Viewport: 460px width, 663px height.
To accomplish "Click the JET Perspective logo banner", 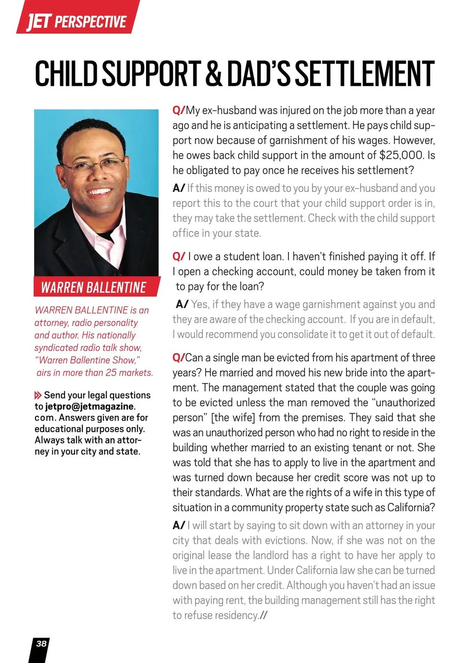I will tap(77, 19).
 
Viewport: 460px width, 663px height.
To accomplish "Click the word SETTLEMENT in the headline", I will tap(364, 74).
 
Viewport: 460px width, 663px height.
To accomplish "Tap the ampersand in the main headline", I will tap(214, 74).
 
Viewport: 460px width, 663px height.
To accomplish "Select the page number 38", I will tap(41, 643).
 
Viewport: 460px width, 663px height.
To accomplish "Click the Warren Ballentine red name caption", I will tap(94, 287).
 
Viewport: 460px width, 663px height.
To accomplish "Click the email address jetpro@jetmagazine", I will tap(90, 406).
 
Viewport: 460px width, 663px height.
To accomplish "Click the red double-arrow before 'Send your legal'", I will tap(38, 395).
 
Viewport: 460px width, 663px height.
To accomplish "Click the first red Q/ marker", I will tap(178, 110).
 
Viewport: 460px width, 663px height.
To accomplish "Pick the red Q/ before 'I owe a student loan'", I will tap(178, 257).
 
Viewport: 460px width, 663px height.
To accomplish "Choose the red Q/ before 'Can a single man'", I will tap(178, 358).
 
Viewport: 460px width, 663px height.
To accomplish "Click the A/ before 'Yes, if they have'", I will tap(182, 304).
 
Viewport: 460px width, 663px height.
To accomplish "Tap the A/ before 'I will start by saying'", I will tap(179, 526).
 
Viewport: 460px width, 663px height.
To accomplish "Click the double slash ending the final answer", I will tap(263, 616).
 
